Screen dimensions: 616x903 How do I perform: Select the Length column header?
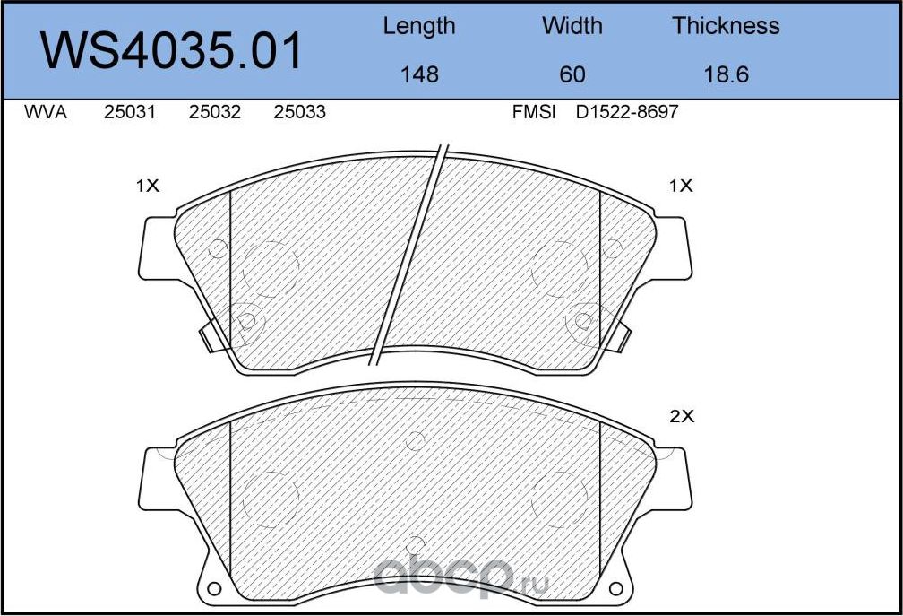tap(418, 26)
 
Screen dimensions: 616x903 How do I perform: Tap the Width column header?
tap(572, 26)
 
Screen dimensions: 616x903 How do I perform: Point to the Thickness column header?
tap(726, 26)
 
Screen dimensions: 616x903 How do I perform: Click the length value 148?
tap(419, 74)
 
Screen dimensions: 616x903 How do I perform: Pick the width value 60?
tap(572, 74)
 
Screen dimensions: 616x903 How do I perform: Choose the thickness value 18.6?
tap(726, 74)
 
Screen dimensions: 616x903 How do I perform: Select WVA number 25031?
tap(130, 113)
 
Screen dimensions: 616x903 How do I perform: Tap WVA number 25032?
tap(215, 113)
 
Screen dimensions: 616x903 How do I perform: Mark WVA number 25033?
tap(299, 113)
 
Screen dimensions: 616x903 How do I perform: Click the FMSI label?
tap(534, 113)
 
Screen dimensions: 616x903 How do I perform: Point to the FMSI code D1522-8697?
tap(627, 113)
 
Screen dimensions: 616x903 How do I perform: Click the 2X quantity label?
tap(683, 416)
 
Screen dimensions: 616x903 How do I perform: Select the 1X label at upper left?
tap(147, 186)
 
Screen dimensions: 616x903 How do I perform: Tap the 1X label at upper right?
tap(681, 186)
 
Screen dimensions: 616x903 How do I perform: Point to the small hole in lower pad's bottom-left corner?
tap(214, 589)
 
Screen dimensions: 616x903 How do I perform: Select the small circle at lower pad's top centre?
tap(414, 440)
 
